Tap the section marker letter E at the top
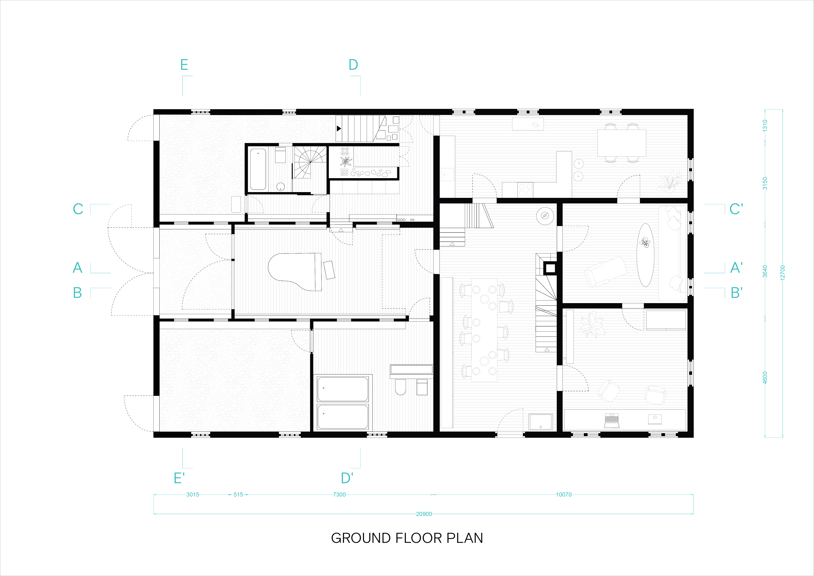point(184,65)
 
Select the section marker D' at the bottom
point(347,478)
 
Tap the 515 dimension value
point(238,494)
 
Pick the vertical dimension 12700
point(783,272)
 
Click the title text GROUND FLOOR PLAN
point(407,538)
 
